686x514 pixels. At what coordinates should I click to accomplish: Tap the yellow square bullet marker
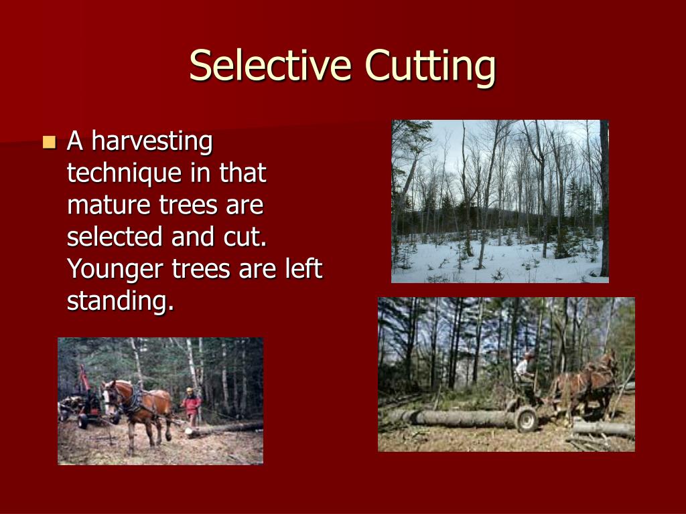pyautogui.click(x=48, y=142)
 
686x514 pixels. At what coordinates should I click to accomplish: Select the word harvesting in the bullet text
pyautogui.click(x=151, y=143)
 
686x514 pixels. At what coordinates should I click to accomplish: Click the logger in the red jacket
pyautogui.click(x=192, y=404)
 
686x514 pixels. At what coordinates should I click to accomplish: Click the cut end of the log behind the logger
pyautogui.click(x=190, y=432)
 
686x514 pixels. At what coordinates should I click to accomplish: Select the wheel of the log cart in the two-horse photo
pyautogui.click(x=526, y=419)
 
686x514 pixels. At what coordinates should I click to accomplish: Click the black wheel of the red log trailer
pyautogui.click(x=84, y=421)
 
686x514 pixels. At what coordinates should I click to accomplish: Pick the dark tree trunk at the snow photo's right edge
pyautogui.click(x=604, y=201)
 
